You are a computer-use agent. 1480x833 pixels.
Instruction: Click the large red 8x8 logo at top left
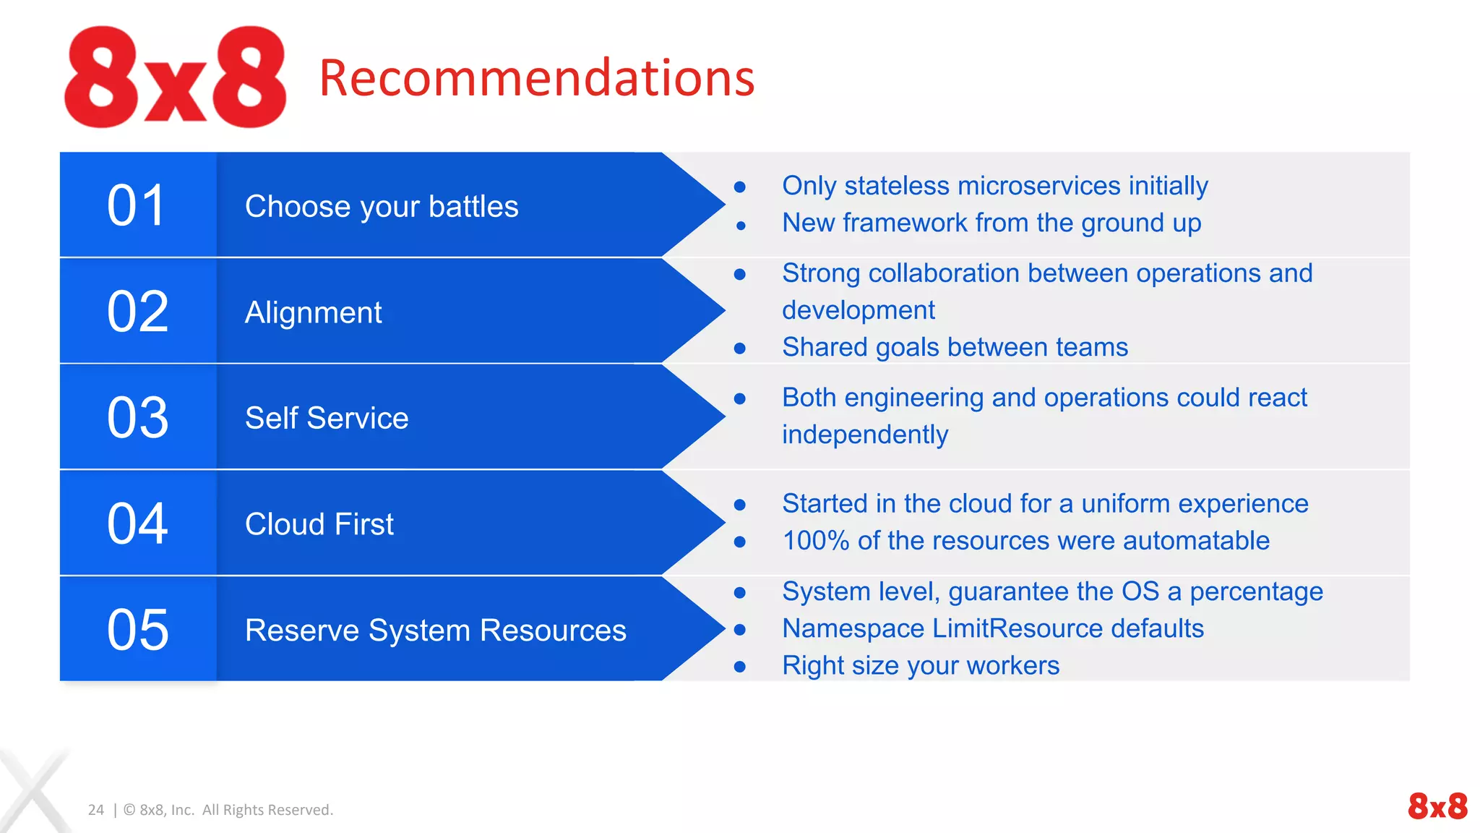(x=175, y=77)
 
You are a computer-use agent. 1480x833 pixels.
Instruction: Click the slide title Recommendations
(x=536, y=77)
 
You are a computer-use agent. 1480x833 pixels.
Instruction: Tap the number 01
(x=137, y=205)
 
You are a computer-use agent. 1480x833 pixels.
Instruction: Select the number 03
(x=137, y=417)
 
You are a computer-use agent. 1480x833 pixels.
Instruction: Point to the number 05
(x=137, y=629)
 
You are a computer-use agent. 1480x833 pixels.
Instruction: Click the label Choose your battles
(x=382, y=207)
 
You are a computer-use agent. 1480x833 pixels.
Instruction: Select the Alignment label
(x=313, y=312)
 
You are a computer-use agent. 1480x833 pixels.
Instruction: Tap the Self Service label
(x=327, y=418)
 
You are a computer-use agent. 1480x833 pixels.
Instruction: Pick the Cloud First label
(x=319, y=524)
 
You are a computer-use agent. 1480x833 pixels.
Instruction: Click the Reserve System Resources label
(x=435, y=630)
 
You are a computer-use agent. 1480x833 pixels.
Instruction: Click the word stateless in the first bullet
(x=896, y=186)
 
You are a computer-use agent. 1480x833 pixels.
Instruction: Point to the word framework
(x=905, y=223)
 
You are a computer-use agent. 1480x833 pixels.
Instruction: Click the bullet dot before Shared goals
(x=739, y=349)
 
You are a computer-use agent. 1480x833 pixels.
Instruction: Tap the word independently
(x=864, y=435)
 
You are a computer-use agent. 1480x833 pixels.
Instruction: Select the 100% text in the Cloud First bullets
(x=815, y=541)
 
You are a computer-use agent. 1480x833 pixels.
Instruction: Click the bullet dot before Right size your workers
(x=739, y=667)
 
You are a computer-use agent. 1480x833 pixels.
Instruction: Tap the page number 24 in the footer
(x=96, y=810)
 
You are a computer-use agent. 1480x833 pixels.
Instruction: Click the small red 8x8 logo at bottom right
(x=1437, y=806)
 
